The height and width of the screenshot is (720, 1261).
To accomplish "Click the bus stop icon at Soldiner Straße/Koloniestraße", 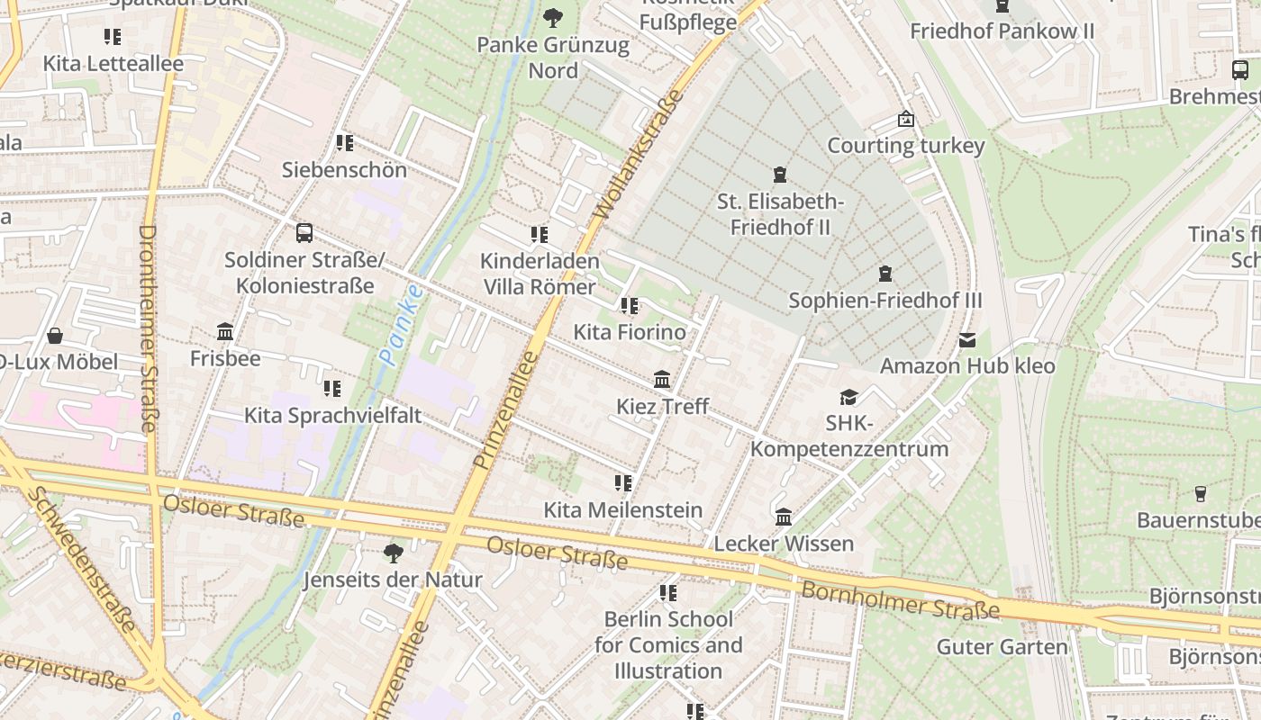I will [x=304, y=233].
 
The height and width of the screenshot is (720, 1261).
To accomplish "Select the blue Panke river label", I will [x=401, y=325].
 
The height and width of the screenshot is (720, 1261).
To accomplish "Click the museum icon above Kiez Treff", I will [x=662, y=379].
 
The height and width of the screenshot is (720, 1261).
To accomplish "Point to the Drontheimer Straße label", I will [x=149, y=328].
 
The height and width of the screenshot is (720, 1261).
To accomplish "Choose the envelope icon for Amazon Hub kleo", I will [x=967, y=339].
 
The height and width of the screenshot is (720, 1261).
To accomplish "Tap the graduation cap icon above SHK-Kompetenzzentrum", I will [x=848, y=397].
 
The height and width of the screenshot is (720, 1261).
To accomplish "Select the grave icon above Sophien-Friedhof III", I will [x=885, y=273].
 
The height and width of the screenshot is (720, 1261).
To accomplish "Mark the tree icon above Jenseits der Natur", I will [x=393, y=553].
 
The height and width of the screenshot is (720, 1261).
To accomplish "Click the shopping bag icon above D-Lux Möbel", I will [x=55, y=336].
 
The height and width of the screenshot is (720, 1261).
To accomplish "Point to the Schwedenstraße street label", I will [x=81, y=559].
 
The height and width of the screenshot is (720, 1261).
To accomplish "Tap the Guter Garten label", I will [x=1002, y=646].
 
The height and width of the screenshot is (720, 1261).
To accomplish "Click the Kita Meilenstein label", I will [x=622, y=510].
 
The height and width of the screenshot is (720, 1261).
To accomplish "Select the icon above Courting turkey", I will [x=905, y=119].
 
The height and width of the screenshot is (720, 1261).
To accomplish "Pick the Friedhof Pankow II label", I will [x=1002, y=31].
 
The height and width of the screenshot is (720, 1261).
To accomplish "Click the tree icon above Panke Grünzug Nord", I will [x=552, y=17].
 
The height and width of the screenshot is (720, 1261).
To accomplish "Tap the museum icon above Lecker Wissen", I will [x=784, y=517].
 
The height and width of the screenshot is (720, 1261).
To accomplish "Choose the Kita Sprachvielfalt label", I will [x=332, y=416].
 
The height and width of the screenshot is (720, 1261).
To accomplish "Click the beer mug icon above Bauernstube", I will [x=1200, y=493].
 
